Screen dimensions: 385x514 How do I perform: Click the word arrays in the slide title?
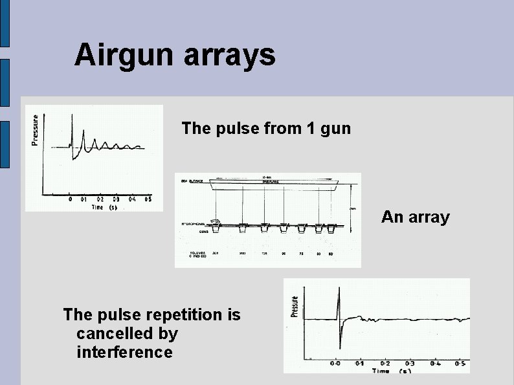pyautogui.click(x=230, y=56)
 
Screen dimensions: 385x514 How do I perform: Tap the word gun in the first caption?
pyautogui.click(x=335, y=128)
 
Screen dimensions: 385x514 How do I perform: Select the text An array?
pyautogui.click(x=415, y=217)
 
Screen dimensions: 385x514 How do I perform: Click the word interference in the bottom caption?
pyautogui.click(x=124, y=353)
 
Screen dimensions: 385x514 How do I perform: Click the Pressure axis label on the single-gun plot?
pyautogui.click(x=35, y=130)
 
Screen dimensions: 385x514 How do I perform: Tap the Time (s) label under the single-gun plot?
pyautogui.click(x=104, y=207)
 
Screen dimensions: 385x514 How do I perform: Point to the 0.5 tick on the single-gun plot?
pyautogui.click(x=148, y=200)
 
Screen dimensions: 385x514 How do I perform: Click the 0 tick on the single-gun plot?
pyautogui.click(x=71, y=200)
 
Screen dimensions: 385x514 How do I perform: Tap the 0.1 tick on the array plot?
pyautogui.click(x=360, y=364)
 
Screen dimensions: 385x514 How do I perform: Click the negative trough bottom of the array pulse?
pyautogui.click(x=340, y=348)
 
